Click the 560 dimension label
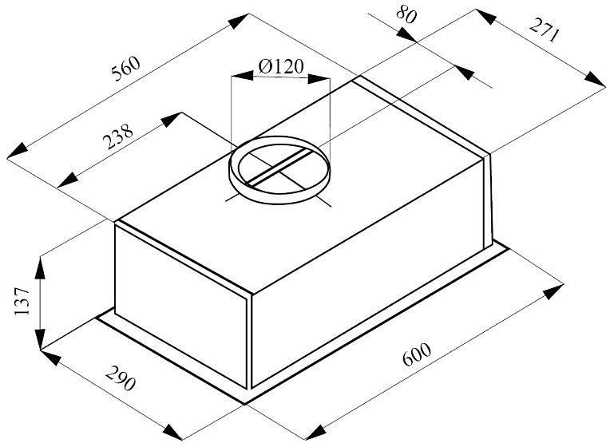[x=125, y=69]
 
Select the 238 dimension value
[x=117, y=136]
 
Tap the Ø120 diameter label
[x=280, y=67]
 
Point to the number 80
[x=406, y=15]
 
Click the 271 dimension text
[x=545, y=30]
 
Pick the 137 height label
[x=22, y=302]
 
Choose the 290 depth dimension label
[x=121, y=378]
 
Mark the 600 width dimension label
[x=417, y=354]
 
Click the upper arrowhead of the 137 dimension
[x=40, y=268]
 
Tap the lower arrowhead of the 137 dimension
[x=40, y=338]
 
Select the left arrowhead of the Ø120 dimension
[x=242, y=76]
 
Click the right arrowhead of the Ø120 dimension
[x=319, y=79]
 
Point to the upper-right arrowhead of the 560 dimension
[x=239, y=21]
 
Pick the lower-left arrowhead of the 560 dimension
[x=18, y=151]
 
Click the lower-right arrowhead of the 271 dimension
[x=595, y=79]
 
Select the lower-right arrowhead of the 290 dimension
[x=172, y=432]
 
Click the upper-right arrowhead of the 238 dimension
[x=172, y=120]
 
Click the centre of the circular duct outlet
[x=279, y=170]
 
